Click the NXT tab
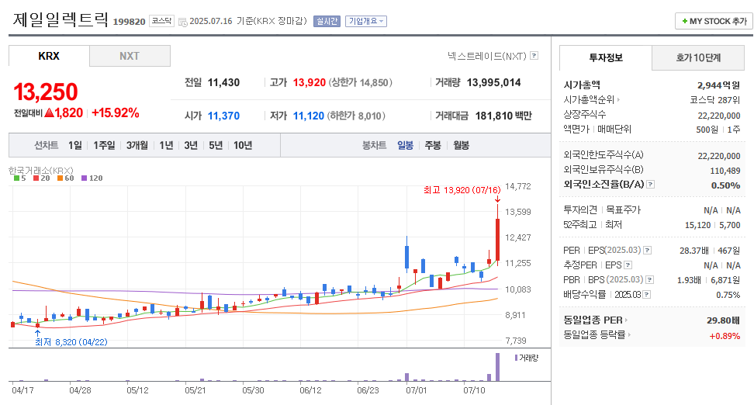(x=130, y=56)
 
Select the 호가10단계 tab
(x=698, y=58)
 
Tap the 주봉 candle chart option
(x=432, y=145)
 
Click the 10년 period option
(x=242, y=145)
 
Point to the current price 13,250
(x=46, y=92)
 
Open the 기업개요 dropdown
(x=366, y=22)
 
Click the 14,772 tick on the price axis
(x=518, y=186)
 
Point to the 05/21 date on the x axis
(x=195, y=390)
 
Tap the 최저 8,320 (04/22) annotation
(x=71, y=341)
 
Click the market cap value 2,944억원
(x=718, y=85)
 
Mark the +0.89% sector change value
(x=725, y=335)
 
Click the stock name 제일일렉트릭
(x=61, y=21)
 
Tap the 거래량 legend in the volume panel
(x=527, y=358)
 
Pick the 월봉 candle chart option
(x=461, y=145)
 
